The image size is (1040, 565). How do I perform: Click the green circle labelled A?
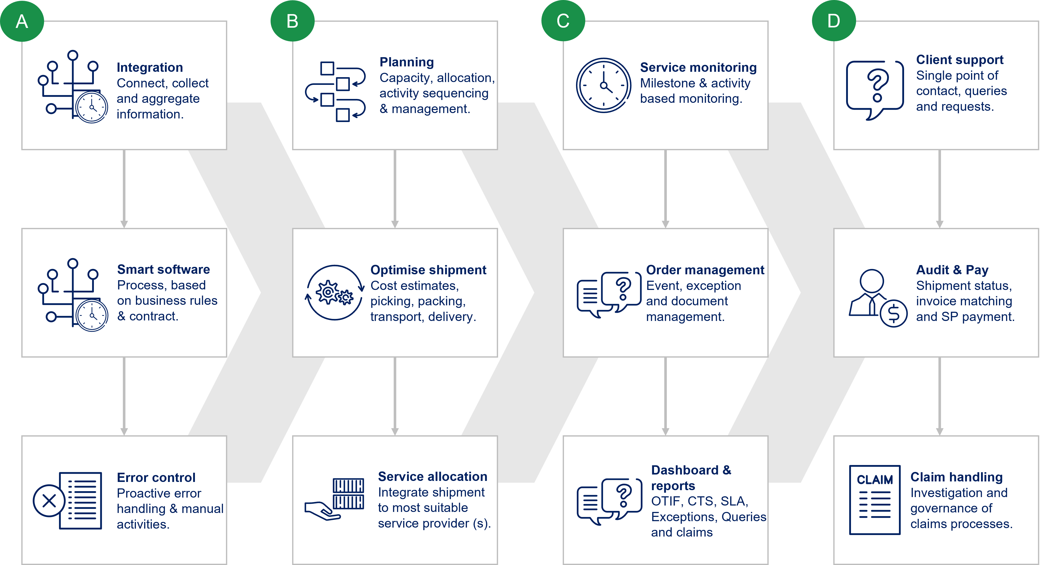click(x=22, y=21)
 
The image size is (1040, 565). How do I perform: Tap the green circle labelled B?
click(x=292, y=21)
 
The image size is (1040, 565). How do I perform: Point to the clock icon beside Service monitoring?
click(x=603, y=85)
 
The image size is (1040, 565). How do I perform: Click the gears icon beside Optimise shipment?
click(x=334, y=292)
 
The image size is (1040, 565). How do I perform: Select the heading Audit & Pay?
click(x=952, y=270)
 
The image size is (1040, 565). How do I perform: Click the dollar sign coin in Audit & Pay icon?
click(x=894, y=314)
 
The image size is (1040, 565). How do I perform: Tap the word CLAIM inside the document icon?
click(x=875, y=480)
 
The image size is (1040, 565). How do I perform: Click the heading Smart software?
click(x=164, y=269)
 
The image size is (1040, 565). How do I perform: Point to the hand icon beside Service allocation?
click(x=322, y=510)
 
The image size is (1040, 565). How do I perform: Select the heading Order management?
click(x=705, y=270)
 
